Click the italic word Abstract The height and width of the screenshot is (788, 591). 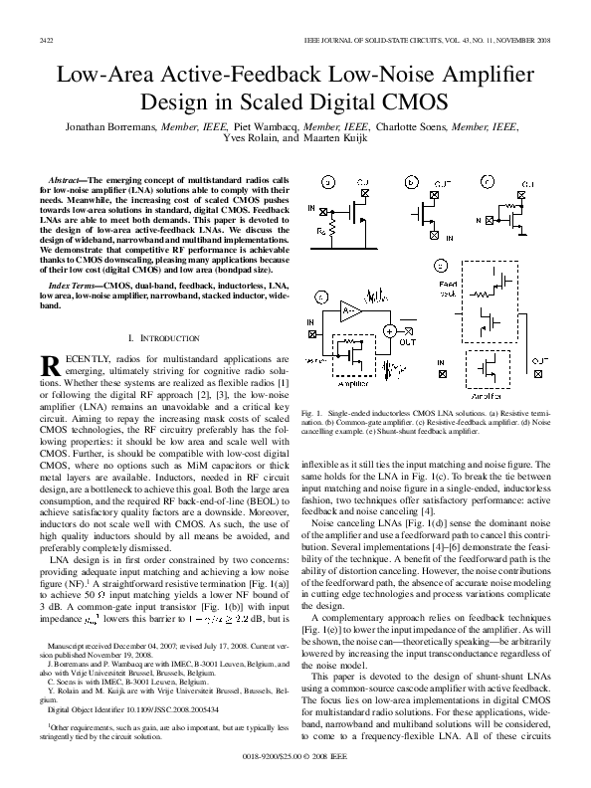[x=67, y=178]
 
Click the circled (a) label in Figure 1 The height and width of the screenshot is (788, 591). [x=328, y=183]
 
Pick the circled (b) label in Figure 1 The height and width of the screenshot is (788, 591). [x=412, y=183]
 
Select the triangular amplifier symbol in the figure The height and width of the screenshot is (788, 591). [x=350, y=312]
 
